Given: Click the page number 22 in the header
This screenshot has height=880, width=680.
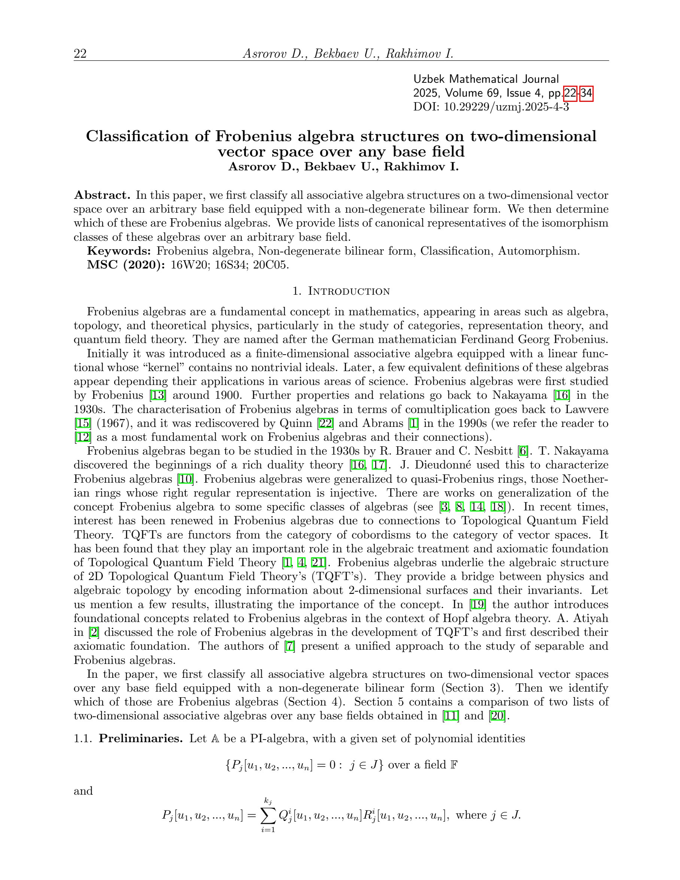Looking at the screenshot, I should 80,54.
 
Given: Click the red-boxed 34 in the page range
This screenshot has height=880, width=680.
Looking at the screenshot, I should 586,94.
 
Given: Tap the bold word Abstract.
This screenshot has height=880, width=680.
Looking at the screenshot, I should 102,195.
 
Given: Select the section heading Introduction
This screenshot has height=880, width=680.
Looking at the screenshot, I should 349,291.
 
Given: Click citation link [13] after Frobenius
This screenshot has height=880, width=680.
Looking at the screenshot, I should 158,395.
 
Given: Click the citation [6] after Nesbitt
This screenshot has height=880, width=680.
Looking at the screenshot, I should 523,451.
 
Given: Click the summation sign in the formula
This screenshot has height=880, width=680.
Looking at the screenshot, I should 268,816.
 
